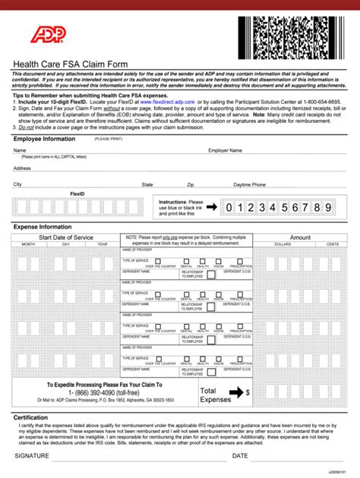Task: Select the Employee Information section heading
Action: (x=44, y=139)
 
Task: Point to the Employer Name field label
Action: (x=226, y=151)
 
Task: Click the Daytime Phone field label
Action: (x=249, y=184)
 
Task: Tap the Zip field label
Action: (x=191, y=184)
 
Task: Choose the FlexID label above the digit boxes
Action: (x=77, y=193)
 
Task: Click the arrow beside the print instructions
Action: (x=213, y=206)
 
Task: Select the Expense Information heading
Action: (x=43, y=227)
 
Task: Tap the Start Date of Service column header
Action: (x=66, y=237)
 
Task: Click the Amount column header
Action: (x=300, y=237)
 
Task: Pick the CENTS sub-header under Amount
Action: (x=332, y=244)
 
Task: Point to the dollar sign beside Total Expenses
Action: (x=248, y=392)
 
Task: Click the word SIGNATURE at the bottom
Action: (x=32, y=456)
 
